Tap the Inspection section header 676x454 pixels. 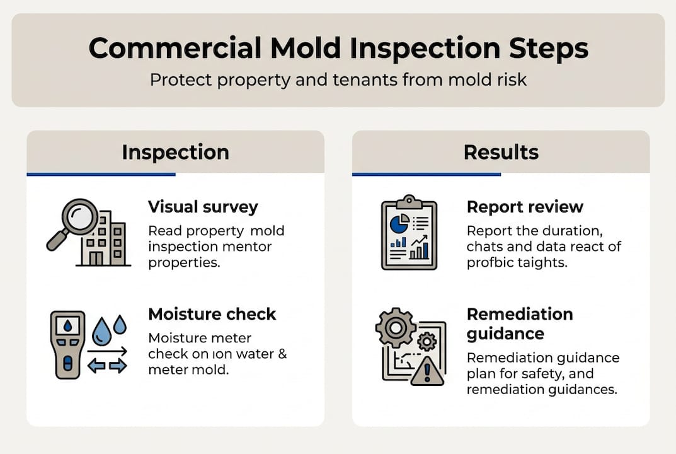[x=175, y=152]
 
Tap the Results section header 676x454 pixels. [x=501, y=152]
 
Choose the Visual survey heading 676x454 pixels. [x=203, y=207]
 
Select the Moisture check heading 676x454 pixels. [x=212, y=314]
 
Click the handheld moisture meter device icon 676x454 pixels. [x=67, y=344]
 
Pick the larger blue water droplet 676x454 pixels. [x=101, y=332]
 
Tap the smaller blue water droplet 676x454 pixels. [x=120, y=324]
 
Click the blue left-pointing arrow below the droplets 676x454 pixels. [x=96, y=366]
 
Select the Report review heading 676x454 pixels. [x=525, y=207]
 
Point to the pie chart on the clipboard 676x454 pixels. [x=398, y=223]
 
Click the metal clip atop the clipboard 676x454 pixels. [x=409, y=201]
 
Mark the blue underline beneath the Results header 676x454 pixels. [x=426, y=174]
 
